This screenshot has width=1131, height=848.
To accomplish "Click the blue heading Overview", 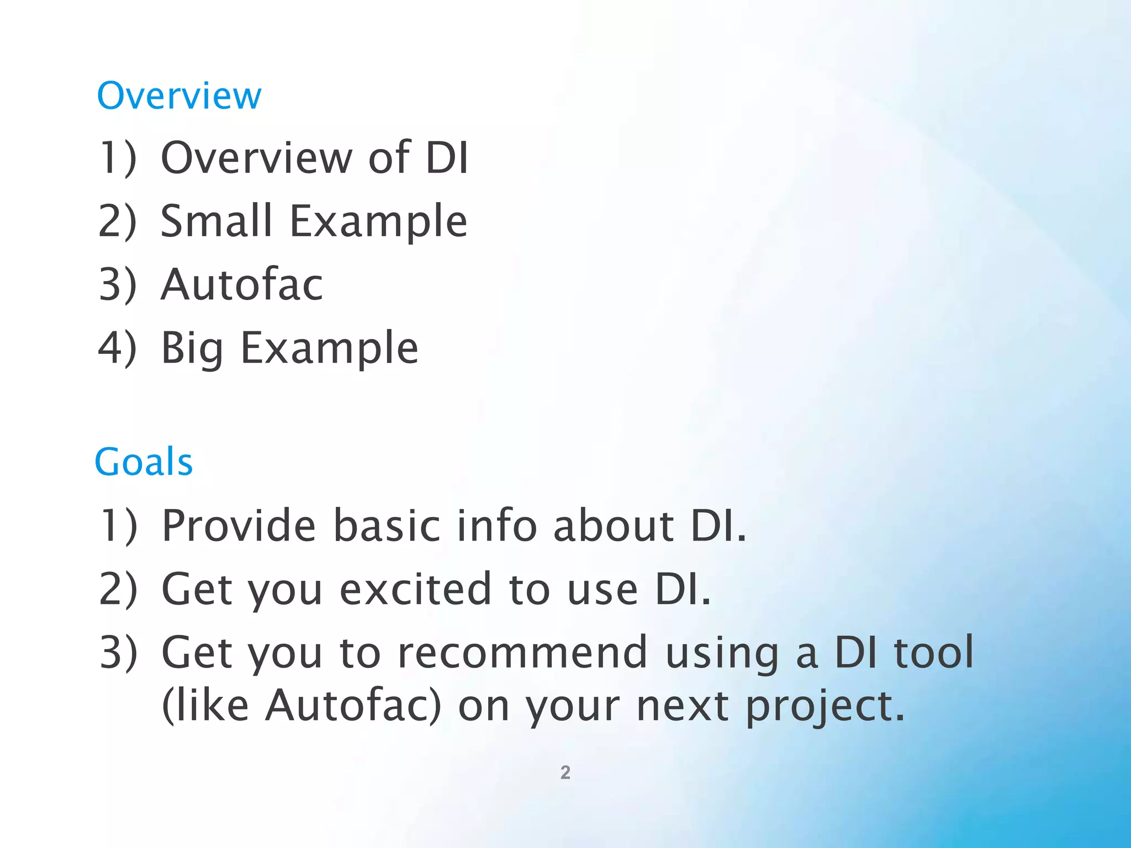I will click(179, 96).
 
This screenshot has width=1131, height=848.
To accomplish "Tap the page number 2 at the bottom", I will click(565, 772).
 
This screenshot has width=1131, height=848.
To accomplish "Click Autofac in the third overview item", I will click(241, 284).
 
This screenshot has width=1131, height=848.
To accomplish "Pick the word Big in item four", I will click(192, 349).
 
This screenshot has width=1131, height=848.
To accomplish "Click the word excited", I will click(415, 589).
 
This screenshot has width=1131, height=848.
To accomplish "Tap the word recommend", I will click(522, 653).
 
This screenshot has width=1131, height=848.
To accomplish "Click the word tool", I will click(933, 653).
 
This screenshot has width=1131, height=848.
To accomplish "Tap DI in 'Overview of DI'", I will click(447, 158).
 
